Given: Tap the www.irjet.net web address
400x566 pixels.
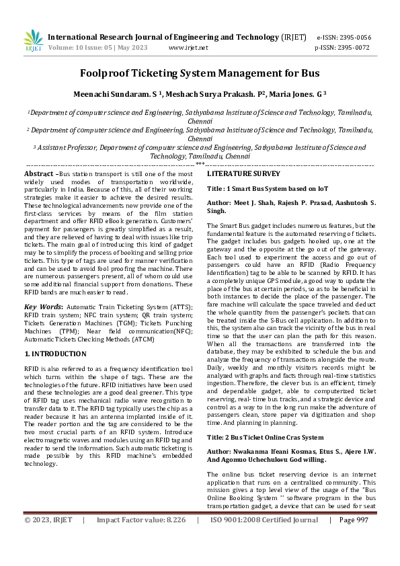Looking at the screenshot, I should coord(188,48).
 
